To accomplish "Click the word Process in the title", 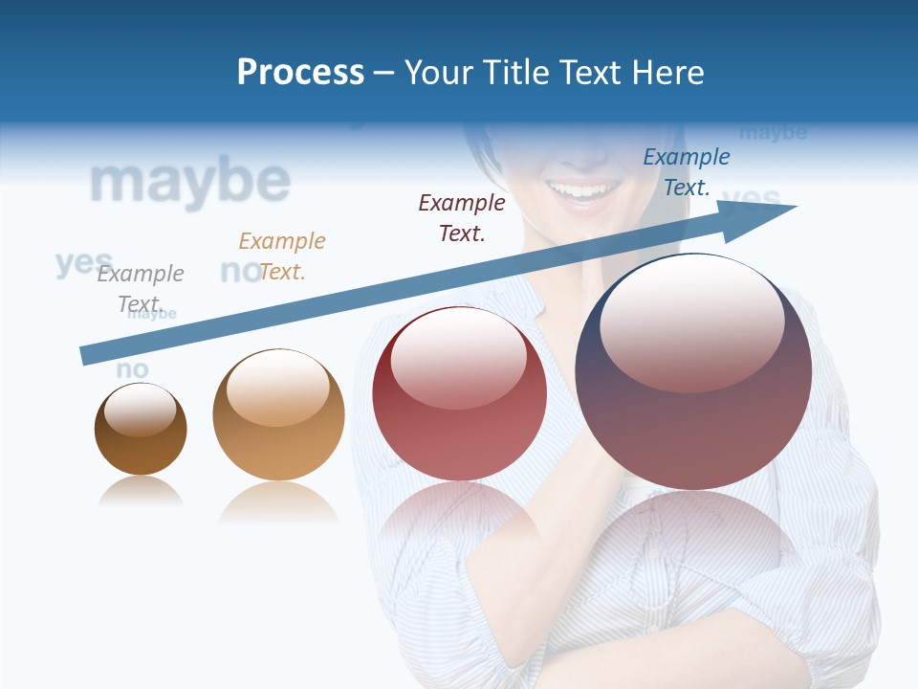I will coord(300,73).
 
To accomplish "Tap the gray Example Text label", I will coord(140,288).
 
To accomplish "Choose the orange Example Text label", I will coord(282,256).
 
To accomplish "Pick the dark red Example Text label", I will coord(462,217).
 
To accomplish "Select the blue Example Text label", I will coord(687,171).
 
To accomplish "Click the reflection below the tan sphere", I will coord(278,502).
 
